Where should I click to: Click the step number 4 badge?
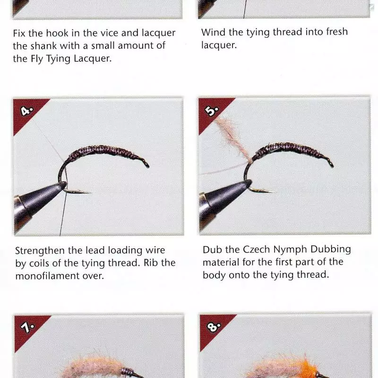tap(26, 111)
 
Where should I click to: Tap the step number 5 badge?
tap(211, 111)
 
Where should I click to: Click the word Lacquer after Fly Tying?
tap(93, 59)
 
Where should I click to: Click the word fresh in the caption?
tap(337, 32)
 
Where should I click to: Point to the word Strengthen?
tap(40, 251)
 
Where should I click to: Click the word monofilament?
tap(47, 276)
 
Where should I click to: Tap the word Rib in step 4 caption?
tap(151, 263)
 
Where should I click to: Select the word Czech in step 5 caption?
tap(256, 249)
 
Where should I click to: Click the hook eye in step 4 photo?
tap(146, 164)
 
